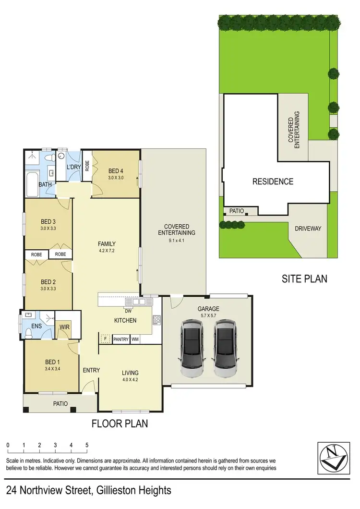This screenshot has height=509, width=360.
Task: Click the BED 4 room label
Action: [116, 170]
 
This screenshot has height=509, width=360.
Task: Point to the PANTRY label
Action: [121, 339]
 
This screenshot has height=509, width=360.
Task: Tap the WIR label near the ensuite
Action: [64, 327]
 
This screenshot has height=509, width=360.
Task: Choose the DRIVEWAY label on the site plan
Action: [308, 229]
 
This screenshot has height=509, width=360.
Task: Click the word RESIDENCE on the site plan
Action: [273, 182]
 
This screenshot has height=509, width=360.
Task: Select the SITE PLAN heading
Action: [305, 278]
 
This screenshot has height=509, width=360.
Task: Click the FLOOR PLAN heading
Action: [120, 424]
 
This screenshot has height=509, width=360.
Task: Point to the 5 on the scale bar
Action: [87, 445]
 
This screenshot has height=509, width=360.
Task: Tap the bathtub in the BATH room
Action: [32, 184]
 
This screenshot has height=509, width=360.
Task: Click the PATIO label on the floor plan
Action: [60, 403]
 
